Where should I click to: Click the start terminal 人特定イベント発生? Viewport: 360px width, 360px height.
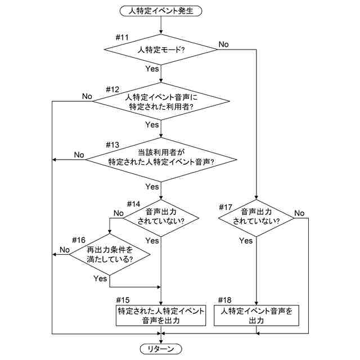(161, 10)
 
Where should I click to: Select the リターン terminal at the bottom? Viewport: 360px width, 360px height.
(161, 349)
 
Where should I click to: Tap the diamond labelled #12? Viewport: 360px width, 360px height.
(161, 101)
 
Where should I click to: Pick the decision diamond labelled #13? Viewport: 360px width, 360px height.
(161, 159)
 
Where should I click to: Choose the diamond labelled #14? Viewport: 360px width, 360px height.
(161, 217)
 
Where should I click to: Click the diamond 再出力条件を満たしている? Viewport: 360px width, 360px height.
(109, 255)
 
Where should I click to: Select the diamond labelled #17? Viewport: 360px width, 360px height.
(256, 217)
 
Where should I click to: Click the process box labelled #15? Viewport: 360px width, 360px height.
(161, 316)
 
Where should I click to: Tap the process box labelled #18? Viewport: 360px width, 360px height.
(256, 316)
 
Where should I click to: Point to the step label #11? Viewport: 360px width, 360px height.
(122, 38)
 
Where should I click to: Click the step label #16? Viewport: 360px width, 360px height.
(79, 240)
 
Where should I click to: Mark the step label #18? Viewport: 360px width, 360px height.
(224, 300)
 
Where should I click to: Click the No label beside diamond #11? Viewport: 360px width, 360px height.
(223, 44)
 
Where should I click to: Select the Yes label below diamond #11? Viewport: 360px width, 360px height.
(152, 69)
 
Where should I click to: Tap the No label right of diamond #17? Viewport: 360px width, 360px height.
(299, 213)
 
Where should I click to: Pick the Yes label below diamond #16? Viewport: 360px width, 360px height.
(100, 278)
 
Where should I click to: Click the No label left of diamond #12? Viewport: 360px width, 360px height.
(87, 96)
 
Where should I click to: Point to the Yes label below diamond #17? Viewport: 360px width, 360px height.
(246, 241)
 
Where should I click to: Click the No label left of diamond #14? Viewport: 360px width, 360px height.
(118, 213)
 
